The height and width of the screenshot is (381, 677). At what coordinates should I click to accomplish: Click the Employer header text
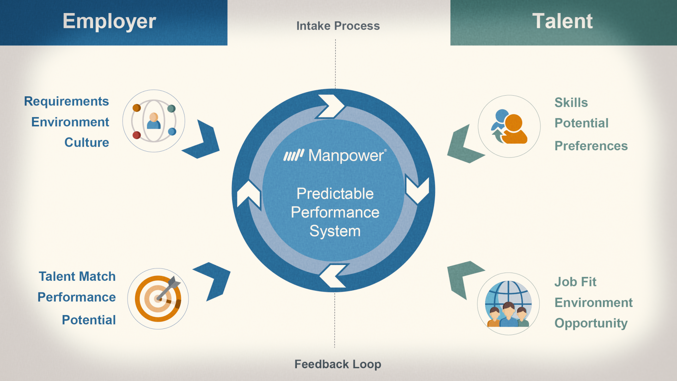coord(109,22)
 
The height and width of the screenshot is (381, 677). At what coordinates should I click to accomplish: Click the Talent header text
coord(562,21)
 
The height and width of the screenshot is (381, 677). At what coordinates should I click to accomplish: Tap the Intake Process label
coord(338,26)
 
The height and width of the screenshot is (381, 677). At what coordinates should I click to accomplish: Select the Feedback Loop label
coord(337,364)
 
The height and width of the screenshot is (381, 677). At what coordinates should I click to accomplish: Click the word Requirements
coord(66,101)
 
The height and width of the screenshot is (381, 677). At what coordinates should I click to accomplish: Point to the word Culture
coord(86,143)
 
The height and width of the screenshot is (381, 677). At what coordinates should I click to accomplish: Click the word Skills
coord(571,103)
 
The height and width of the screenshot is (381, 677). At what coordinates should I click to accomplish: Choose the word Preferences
coord(591,146)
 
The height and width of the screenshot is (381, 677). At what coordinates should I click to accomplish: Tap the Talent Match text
coord(77,277)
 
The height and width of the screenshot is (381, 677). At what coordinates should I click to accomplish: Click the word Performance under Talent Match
coord(77,297)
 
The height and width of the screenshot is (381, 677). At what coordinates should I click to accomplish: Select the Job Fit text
coord(575,282)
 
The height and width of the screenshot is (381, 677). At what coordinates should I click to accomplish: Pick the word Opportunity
coord(591,323)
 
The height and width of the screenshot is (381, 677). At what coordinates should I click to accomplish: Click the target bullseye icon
coord(158,298)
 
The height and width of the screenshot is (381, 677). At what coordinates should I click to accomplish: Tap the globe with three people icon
coord(508,304)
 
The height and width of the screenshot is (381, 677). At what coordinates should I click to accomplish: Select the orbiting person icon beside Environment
coord(154,121)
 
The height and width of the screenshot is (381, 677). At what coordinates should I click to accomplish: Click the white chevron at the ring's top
coord(331,106)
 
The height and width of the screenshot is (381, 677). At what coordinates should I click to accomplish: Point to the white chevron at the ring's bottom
coord(334,276)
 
